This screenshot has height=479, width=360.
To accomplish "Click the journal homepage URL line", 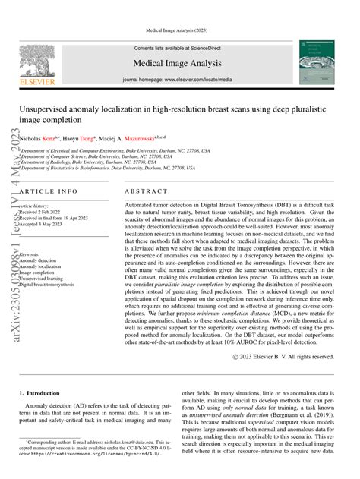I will (x=179, y=78).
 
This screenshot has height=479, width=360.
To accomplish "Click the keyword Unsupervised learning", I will (x=46, y=279).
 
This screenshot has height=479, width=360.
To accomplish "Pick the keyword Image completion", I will (x=42, y=273).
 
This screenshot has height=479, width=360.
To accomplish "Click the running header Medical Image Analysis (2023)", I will (x=179, y=30).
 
